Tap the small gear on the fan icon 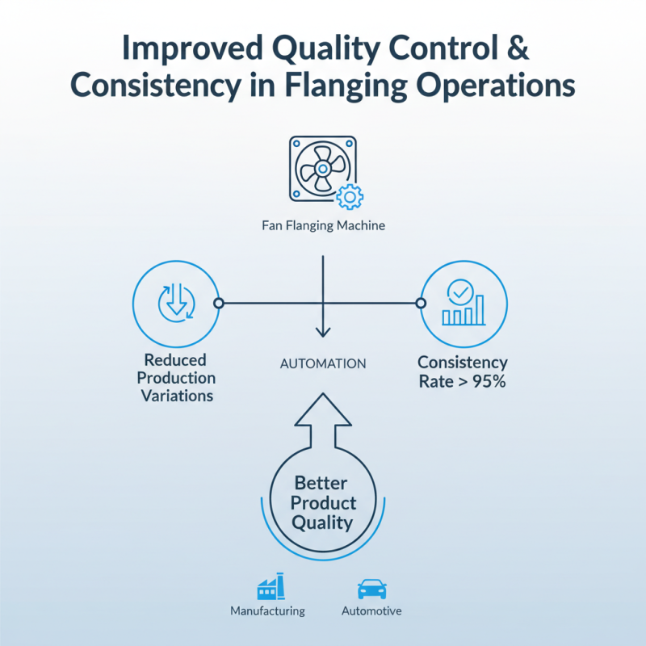(349, 197)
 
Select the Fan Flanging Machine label (323, 226)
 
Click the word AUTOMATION (323, 364)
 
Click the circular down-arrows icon (174, 304)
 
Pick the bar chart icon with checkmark (463, 303)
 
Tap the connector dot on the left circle (217, 304)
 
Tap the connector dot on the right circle (420, 304)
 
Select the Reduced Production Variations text (176, 378)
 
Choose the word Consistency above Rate (463, 363)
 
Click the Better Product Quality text (323, 503)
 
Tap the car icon (371, 588)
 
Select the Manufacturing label (267, 611)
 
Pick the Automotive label (371, 611)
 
